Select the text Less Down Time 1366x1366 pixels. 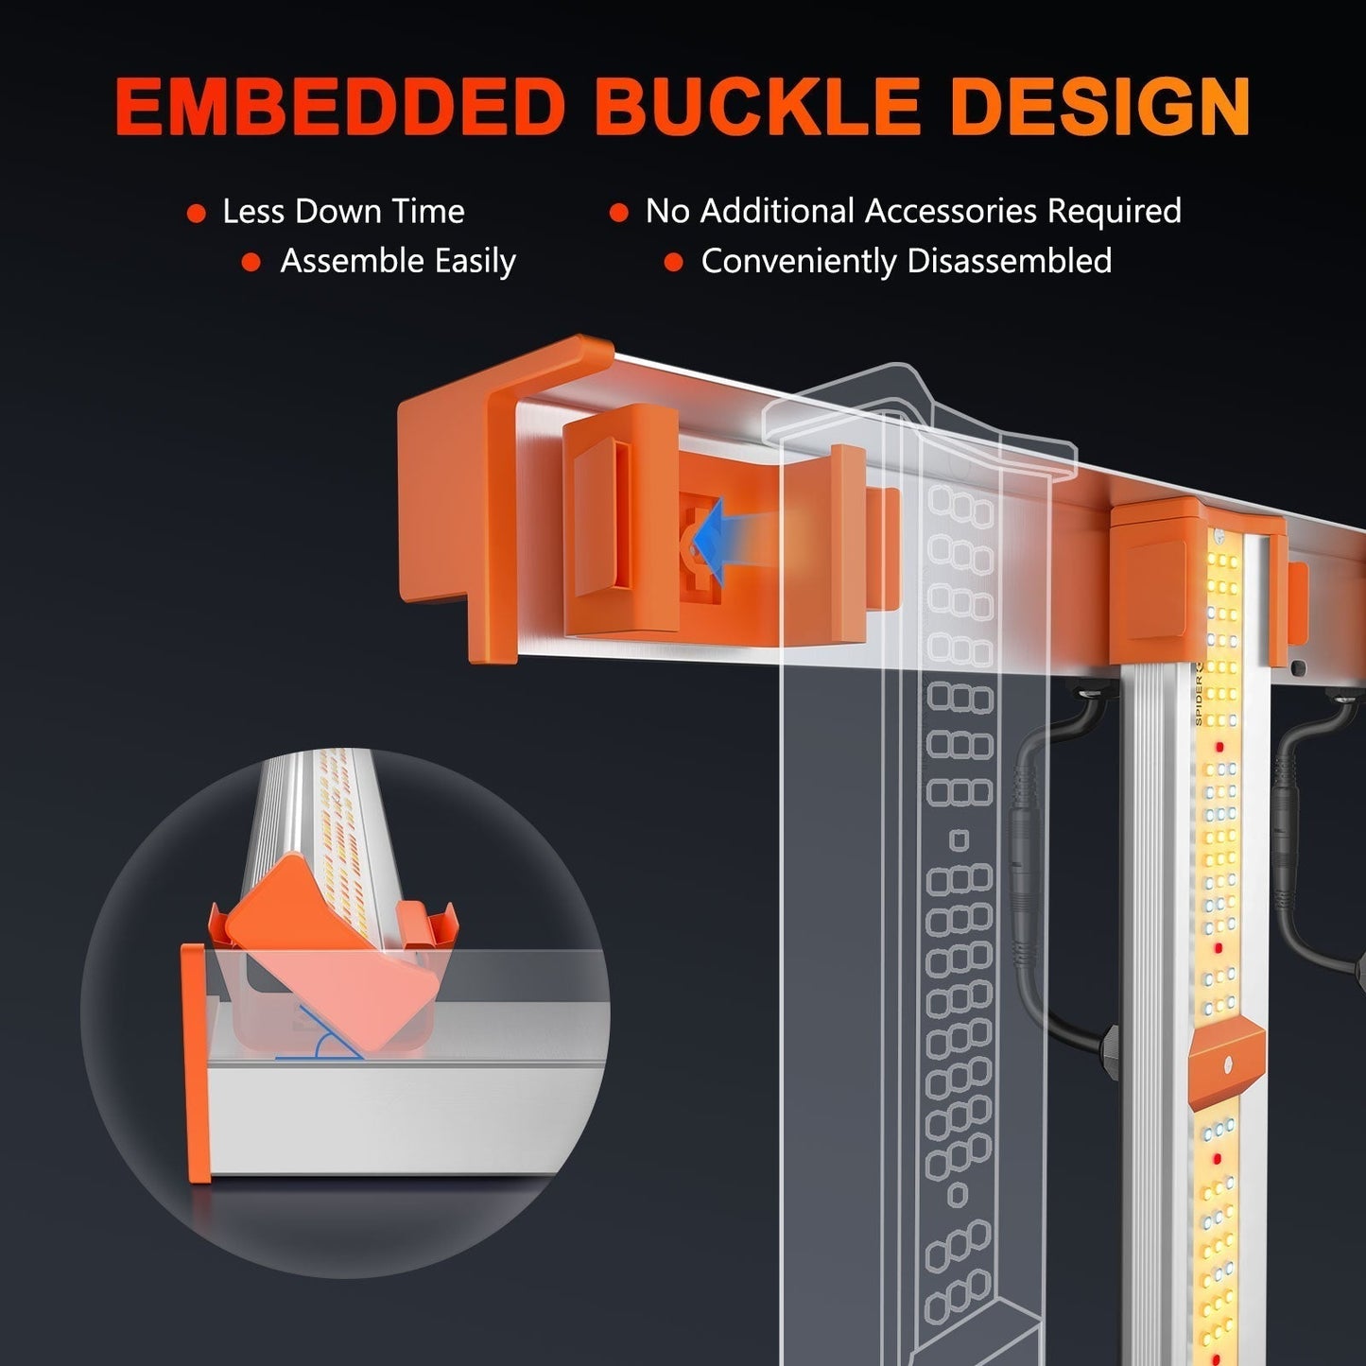click(x=343, y=212)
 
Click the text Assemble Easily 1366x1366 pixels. click(x=398, y=262)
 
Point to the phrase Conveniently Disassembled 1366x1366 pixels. click(x=906, y=262)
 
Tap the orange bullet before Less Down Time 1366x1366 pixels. click(x=197, y=214)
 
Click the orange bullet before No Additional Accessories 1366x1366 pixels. click(x=618, y=214)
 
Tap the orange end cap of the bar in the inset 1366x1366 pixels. click(x=197, y=1063)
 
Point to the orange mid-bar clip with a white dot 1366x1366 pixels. click(x=1226, y=1063)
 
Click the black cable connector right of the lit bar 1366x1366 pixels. click(x=1286, y=832)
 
